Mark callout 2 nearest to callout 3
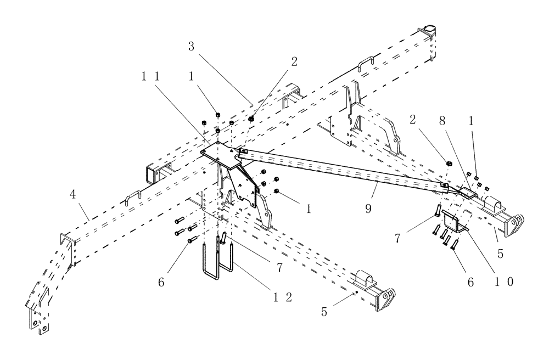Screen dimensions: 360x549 [294, 61]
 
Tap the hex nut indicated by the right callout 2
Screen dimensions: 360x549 [446, 162]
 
